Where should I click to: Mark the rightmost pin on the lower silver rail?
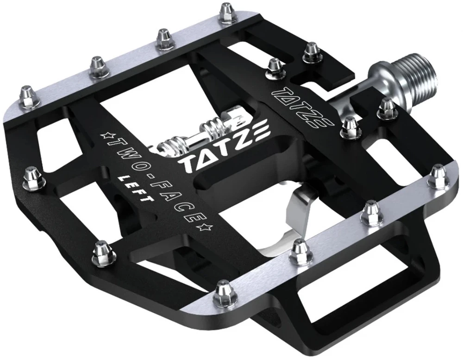(x=437, y=177)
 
